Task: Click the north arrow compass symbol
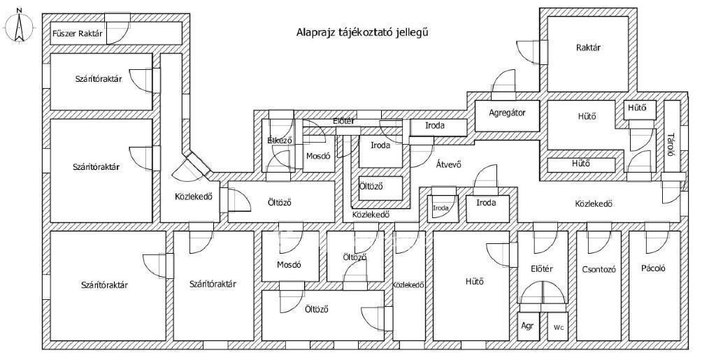click(20, 27)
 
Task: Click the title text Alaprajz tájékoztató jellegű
click(361, 31)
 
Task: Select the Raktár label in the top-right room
click(589, 48)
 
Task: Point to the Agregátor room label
click(507, 112)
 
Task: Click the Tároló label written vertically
click(671, 144)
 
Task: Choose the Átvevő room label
click(448, 165)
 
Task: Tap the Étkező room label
click(279, 141)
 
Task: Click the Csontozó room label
click(599, 269)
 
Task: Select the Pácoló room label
click(653, 268)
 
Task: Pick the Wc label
click(558, 327)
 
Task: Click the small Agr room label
click(529, 326)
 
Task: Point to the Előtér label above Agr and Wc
click(542, 268)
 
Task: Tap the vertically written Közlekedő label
click(409, 285)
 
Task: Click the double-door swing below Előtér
click(542, 294)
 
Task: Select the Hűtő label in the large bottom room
click(475, 282)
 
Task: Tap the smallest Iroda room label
click(441, 208)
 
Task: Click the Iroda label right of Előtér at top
click(437, 127)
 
